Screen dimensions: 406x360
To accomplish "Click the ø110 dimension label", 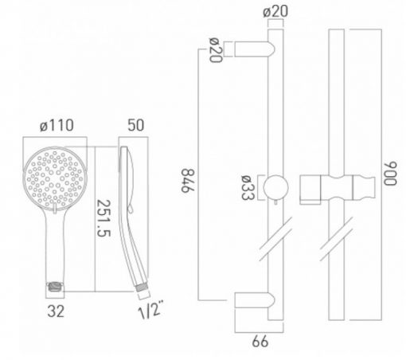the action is pos(57,125).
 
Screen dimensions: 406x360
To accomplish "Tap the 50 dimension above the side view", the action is pos(135,125).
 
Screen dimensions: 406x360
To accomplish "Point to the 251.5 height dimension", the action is pos(103,218).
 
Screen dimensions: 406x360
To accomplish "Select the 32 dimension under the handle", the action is pos(56,311).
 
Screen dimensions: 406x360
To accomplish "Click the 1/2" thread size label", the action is pos(150,309).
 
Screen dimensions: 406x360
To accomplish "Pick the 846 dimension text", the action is pos(188,181).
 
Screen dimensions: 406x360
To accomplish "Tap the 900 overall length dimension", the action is pos(390,173).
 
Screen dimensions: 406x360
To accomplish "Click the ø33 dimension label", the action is pos(248,187).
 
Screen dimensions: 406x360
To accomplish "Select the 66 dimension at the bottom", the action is pos(260,342).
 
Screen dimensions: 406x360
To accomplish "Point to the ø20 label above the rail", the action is pos(275,12).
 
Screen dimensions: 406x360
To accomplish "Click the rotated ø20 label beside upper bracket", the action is pos(216,50).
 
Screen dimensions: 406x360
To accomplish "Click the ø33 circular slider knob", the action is pos(275,187).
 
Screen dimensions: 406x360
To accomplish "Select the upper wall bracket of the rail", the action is pos(255,49).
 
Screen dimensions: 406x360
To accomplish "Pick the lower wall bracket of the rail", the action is pos(255,300).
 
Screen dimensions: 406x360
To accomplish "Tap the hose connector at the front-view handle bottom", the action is pos(55,288).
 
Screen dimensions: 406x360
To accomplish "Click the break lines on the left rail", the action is pos(275,239).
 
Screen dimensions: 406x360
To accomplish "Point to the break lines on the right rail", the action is pos(336,239).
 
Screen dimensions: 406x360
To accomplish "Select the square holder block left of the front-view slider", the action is pos(310,190).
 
